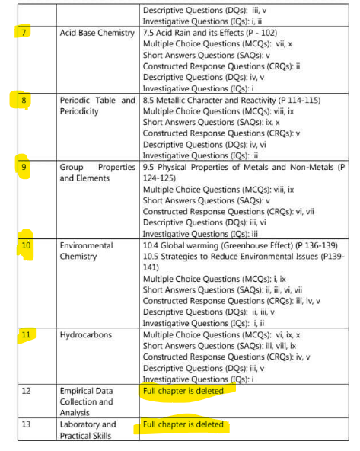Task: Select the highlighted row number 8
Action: pyautogui.click(x=23, y=100)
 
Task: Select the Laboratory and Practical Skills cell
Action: pyautogui.click(x=88, y=430)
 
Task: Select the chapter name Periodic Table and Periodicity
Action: pyautogui.click(x=97, y=105)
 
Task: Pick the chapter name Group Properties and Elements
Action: pyautogui.click(x=97, y=171)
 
